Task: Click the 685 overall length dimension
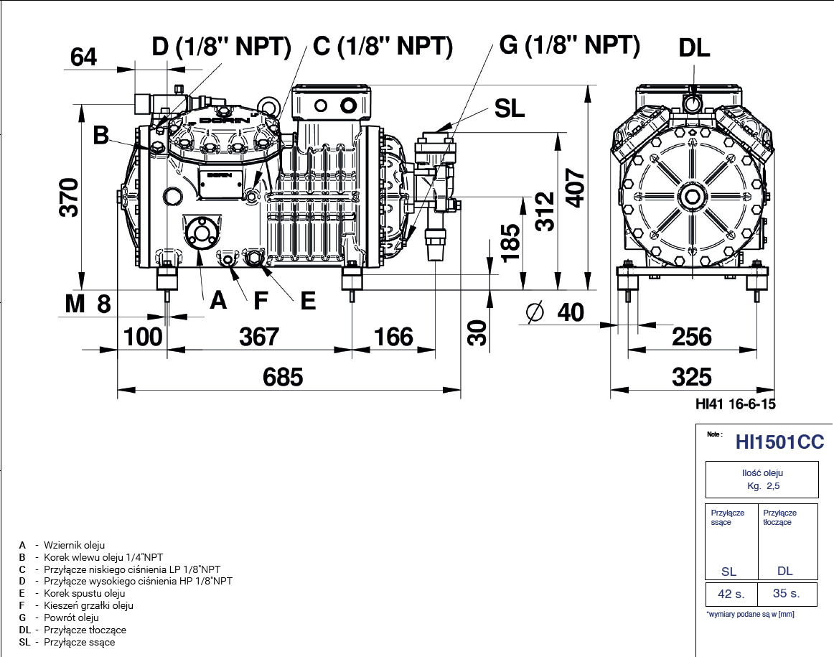pyautogui.click(x=284, y=376)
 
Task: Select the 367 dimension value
pyautogui.click(x=258, y=336)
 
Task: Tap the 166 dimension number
pyautogui.click(x=394, y=336)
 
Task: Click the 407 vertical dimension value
pyautogui.click(x=576, y=188)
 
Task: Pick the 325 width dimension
pyautogui.click(x=692, y=376)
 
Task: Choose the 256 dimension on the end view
pyautogui.click(x=692, y=336)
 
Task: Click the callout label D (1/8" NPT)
pyautogui.click(x=221, y=47)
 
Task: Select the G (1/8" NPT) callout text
pyautogui.click(x=569, y=45)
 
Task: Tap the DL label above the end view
pyautogui.click(x=694, y=48)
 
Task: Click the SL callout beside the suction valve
pyautogui.click(x=510, y=109)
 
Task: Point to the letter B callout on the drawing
pyautogui.click(x=102, y=134)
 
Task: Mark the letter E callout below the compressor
pyautogui.click(x=308, y=301)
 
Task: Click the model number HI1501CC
pyautogui.click(x=779, y=442)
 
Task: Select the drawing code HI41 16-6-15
pyautogui.click(x=736, y=404)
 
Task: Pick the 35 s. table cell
pyautogui.click(x=786, y=594)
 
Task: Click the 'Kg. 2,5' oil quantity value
pyautogui.click(x=763, y=486)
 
